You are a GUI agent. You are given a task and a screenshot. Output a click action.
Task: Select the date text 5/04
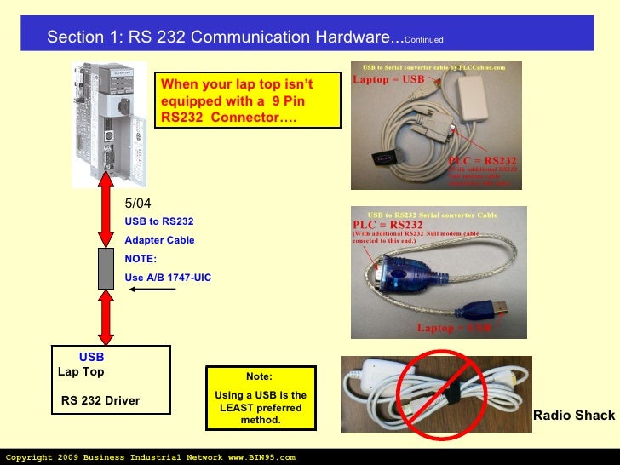pos(137,204)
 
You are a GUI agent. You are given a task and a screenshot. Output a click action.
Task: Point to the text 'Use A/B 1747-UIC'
pos(168,278)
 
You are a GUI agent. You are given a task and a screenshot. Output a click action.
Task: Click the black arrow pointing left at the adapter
pos(152,290)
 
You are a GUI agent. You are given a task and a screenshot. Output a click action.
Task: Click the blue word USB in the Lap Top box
pos(91,359)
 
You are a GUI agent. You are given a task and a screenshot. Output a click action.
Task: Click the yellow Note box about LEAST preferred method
pos(261,398)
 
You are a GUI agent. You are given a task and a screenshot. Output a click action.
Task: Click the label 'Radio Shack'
pos(573,416)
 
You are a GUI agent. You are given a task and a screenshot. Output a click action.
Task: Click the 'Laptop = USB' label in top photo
pos(388,80)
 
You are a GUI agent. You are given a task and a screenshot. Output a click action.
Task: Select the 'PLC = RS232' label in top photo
pos(483,160)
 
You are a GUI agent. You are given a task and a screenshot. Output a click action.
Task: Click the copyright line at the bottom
pos(150,457)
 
